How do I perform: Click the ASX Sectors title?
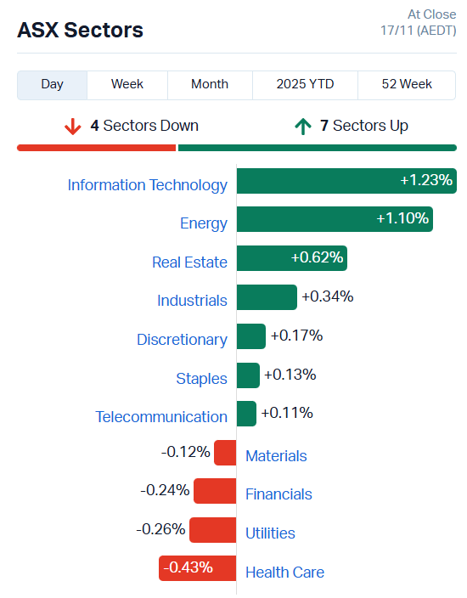[80, 31]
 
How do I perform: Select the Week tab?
[127, 84]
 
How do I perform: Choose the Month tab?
[210, 84]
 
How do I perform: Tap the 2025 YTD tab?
[305, 84]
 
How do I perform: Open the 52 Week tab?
[407, 84]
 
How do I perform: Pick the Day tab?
[53, 84]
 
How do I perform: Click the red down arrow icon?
[73, 127]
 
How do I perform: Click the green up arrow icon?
[302, 127]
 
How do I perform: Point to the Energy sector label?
[204, 223]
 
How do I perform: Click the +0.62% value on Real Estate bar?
[317, 257]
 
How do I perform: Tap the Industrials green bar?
[267, 296]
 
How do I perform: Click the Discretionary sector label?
[182, 339]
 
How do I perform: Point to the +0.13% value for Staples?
[290, 375]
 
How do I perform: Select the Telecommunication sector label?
[161, 417]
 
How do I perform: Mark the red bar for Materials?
[225, 453]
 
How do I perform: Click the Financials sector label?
[279, 494]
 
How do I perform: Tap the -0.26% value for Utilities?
[160, 529]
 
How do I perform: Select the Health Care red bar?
[197, 568]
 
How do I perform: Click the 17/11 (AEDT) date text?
[418, 31]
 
